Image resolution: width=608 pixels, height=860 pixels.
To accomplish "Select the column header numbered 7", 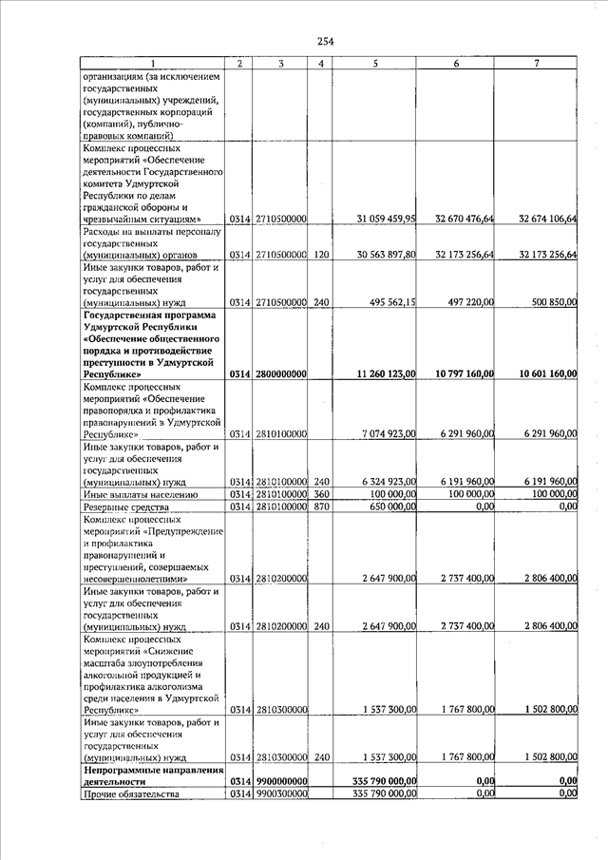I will pyautogui.click(x=537, y=63).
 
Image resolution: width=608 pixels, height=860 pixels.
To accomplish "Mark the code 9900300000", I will pyautogui.click(x=279, y=793).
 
